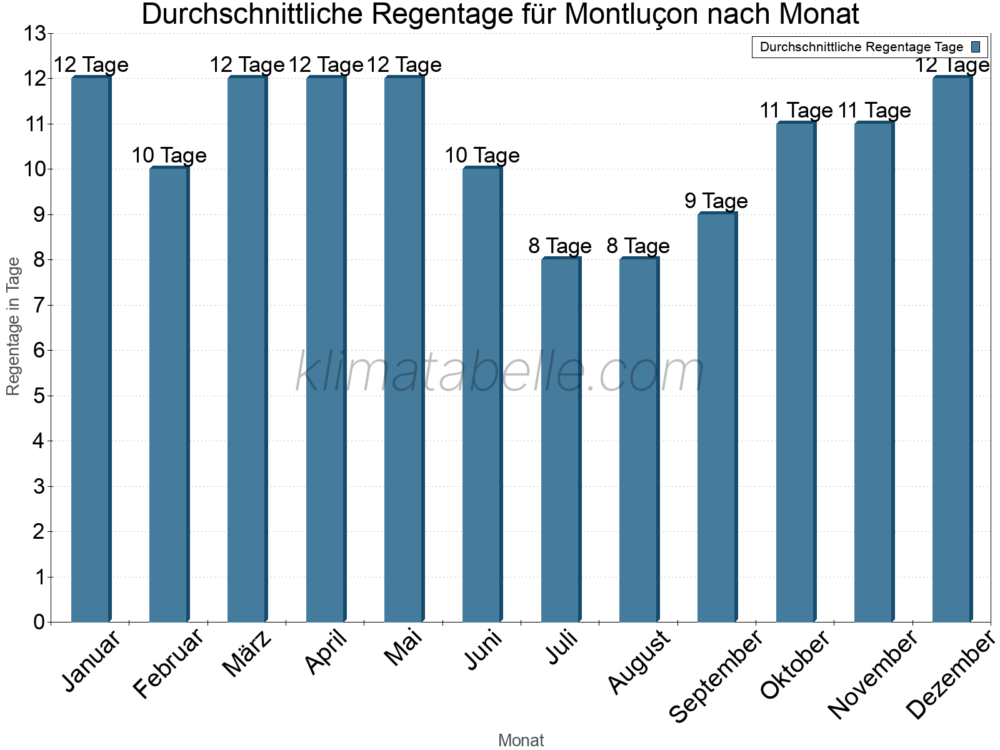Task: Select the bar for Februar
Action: click(x=169, y=395)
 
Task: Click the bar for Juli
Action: click(x=561, y=440)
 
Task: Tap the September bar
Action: click(x=717, y=417)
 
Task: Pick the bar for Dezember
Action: click(x=952, y=349)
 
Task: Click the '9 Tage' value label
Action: click(x=716, y=201)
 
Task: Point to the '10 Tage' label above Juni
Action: click(x=482, y=156)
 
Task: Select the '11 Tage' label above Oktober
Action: click(x=796, y=111)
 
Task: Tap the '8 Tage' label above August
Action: click(x=638, y=246)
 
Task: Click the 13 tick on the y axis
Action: click(x=35, y=34)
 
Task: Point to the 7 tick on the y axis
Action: click(x=39, y=306)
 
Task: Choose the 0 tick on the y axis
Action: click(x=39, y=622)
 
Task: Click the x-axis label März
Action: click(x=247, y=654)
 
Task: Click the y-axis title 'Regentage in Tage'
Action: click(x=14, y=326)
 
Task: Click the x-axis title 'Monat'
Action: click(x=521, y=741)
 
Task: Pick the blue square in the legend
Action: click(x=976, y=47)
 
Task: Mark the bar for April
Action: click(x=326, y=349)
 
